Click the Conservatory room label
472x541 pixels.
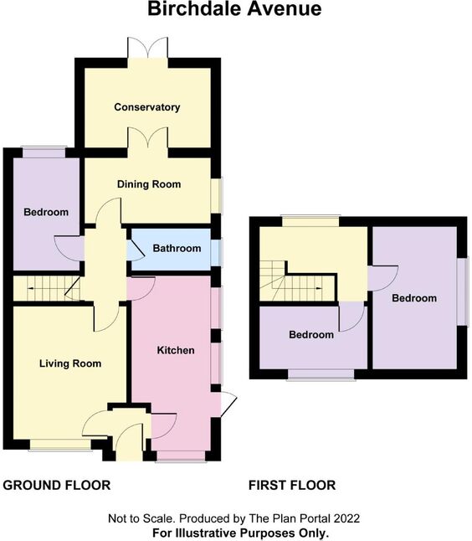[x=147, y=107]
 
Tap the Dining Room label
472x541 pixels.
[x=149, y=184]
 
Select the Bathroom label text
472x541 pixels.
[x=177, y=248]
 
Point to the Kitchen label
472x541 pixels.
[x=176, y=350]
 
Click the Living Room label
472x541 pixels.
[x=70, y=363]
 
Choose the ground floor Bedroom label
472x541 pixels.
[x=46, y=212]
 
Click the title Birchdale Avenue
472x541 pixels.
[x=234, y=9]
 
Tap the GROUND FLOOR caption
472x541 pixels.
[x=57, y=485]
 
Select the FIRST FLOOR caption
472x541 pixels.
[x=292, y=485]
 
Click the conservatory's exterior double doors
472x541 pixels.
[x=148, y=48]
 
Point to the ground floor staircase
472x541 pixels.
[x=47, y=288]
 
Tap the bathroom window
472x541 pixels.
[x=217, y=253]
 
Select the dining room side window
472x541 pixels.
[x=217, y=196]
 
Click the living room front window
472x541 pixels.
[x=60, y=445]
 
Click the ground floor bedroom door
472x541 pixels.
[x=69, y=249]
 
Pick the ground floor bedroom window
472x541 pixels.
[x=44, y=152]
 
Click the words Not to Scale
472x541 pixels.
[x=142, y=518]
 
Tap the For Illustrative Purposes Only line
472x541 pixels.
[x=240, y=533]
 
